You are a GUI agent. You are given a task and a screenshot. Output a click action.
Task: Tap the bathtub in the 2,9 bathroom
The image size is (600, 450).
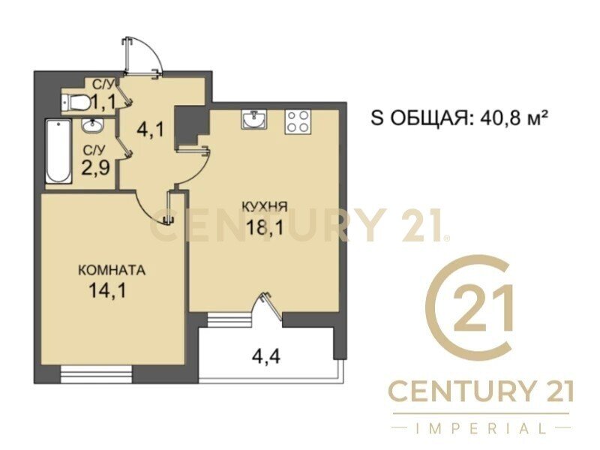coord(58,151)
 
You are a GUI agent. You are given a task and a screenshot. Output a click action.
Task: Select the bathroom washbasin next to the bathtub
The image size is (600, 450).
coord(91,125)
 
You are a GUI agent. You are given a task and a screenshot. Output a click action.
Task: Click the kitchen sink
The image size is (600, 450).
coord(253,119)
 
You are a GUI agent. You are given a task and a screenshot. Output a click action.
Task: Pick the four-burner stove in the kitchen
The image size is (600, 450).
coord(297,121)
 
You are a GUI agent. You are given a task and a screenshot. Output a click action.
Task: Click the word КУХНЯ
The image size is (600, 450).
coord(265,207)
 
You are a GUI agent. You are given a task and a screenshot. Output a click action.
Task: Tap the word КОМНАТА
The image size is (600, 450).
coord(112,270)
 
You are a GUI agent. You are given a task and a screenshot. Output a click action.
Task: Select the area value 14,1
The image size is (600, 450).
coord(107,290)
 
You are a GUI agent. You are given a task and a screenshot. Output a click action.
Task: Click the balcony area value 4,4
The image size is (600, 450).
coord(266,357)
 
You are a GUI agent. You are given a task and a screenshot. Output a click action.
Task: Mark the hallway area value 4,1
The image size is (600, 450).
coord(151,129)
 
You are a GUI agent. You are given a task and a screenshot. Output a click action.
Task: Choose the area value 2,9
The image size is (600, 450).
coord(96,167)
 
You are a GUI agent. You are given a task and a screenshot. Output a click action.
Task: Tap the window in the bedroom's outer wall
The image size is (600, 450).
coord(97,374)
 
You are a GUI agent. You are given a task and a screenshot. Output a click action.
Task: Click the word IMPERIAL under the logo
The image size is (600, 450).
coord(481,428)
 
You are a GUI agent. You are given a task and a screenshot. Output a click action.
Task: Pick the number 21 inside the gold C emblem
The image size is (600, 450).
coord(482,307)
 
